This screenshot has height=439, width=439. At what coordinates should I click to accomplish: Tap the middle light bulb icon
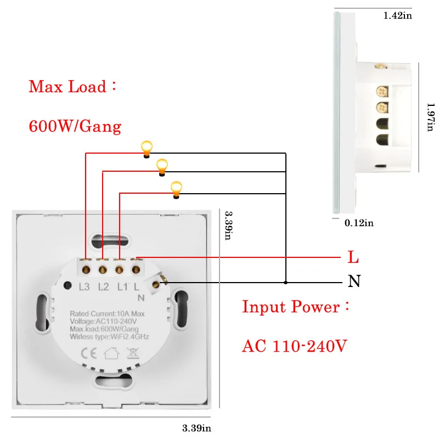162,166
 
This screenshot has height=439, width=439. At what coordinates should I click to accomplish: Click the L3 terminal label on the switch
85,286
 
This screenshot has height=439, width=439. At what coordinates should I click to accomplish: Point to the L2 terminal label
103,286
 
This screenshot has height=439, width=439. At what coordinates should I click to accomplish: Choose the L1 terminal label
121,286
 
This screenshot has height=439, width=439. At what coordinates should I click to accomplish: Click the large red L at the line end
354,257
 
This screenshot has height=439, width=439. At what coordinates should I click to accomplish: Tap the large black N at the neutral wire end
354,282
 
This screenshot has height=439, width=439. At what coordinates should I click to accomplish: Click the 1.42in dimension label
397,16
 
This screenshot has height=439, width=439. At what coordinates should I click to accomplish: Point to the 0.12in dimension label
359,222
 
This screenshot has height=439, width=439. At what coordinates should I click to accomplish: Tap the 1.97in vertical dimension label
431,117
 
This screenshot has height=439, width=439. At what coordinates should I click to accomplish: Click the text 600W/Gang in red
75,127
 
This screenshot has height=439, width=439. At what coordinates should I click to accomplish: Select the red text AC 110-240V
295,346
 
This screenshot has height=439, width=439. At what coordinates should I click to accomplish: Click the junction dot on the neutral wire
286,283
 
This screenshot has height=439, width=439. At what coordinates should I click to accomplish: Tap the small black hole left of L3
68,285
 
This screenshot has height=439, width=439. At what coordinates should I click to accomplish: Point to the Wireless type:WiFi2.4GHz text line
109,336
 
